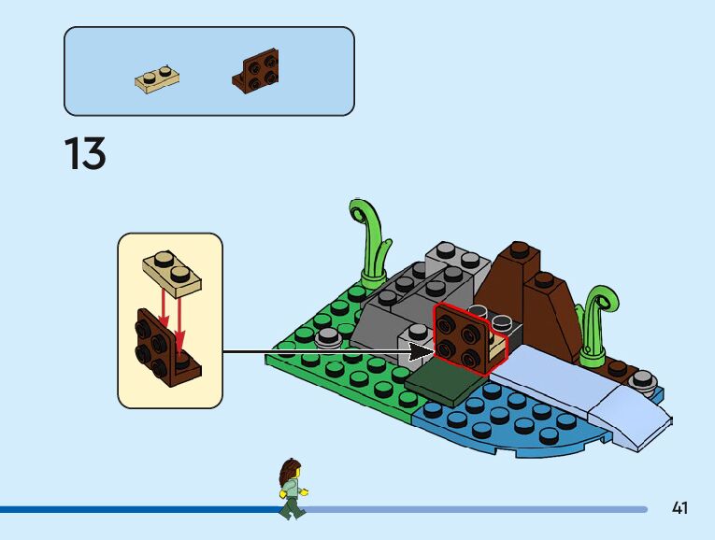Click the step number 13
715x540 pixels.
pos(85,154)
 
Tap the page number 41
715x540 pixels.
pos(679,508)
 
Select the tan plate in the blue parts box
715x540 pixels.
pos(156,77)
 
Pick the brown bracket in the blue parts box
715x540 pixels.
pos(257,71)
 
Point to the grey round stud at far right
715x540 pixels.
pos(642,377)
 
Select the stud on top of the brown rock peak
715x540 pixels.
pos(520,249)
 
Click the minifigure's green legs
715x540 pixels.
pos(293,506)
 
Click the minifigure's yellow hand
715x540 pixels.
pos(304,490)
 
